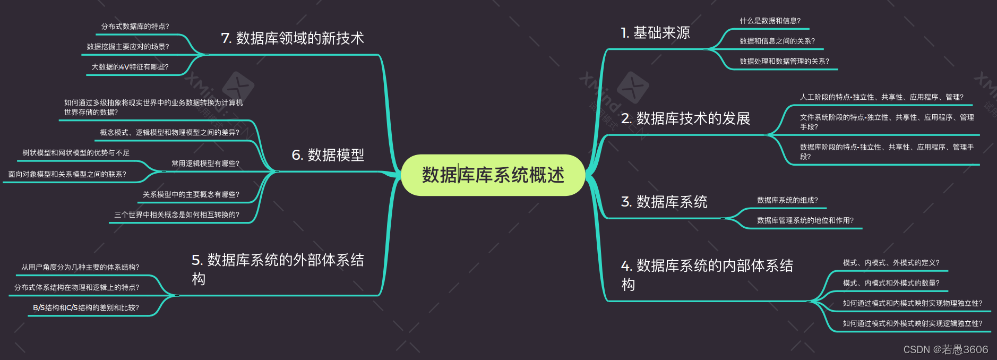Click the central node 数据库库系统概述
(x=493, y=175)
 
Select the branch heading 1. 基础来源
(x=655, y=33)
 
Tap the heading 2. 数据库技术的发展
(x=685, y=118)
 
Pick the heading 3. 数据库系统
(x=664, y=202)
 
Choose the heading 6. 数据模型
(x=328, y=155)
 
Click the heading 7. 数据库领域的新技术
(x=292, y=38)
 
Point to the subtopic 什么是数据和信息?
(x=770, y=21)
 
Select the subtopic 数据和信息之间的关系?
(x=777, y=41)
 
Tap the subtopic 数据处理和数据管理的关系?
(x=784, y=61)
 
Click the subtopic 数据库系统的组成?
(x=787, y=200)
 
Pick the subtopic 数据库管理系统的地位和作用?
(x=805, y=220)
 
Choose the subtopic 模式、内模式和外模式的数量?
(x=891, y=283)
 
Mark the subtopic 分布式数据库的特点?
(x=135, y=26)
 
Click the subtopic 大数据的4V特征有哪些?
(x=130, y=67)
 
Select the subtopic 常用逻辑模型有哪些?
(x=205, y=164)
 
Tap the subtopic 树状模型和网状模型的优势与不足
(x=75, y=153)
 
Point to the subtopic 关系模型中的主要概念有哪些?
(x=191, y=194)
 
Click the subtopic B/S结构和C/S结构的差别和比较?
(x=85, y=308)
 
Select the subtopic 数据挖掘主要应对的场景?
(x=127, y=47)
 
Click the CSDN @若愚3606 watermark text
(x=946, y=349)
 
